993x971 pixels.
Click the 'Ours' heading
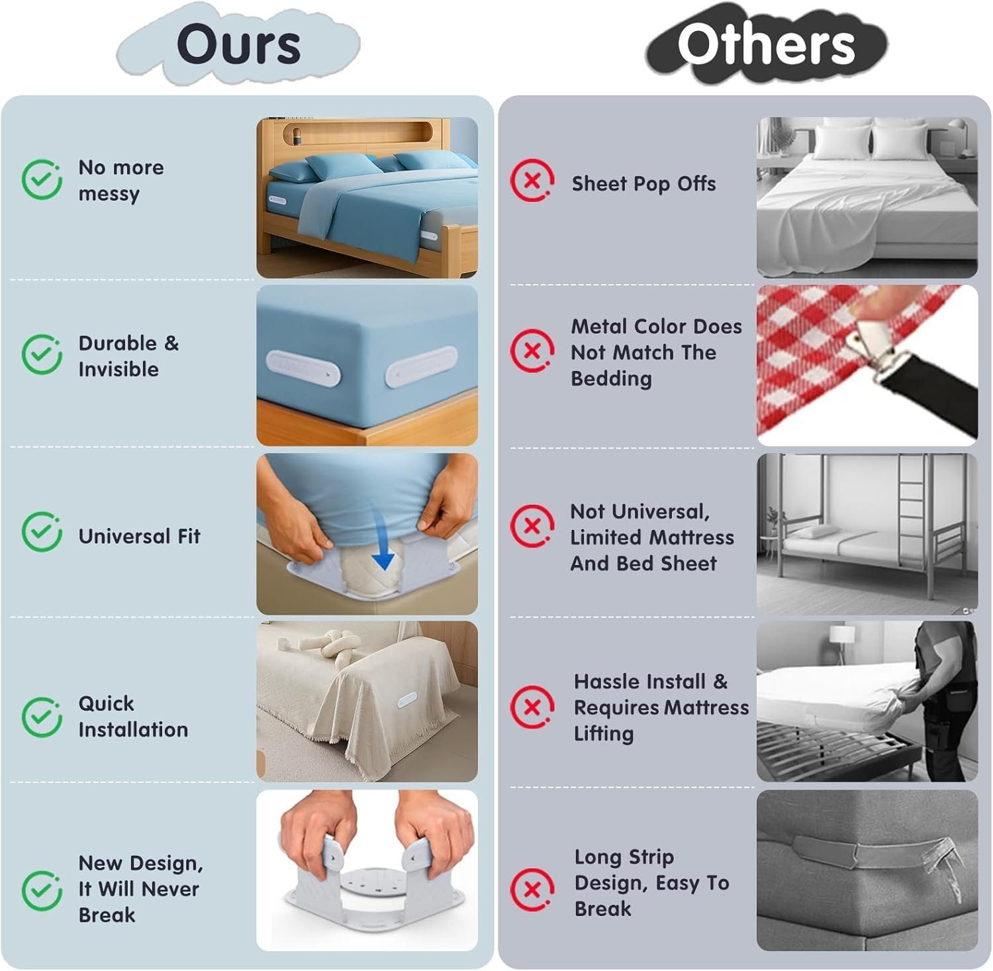point(238,44)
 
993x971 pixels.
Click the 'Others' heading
point(766,44)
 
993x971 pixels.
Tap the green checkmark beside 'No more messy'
point(42,179)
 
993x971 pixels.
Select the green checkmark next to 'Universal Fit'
point(42,531)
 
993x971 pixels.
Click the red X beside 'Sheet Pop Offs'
point(532,179)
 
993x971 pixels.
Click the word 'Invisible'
point(118,369)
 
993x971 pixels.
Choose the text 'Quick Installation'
point(133,716)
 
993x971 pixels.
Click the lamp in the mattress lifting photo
point(842,642)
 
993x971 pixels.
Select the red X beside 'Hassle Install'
point(532,706)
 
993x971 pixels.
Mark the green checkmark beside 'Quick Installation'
point(42,717)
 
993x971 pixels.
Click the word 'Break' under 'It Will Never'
point(107,915)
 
